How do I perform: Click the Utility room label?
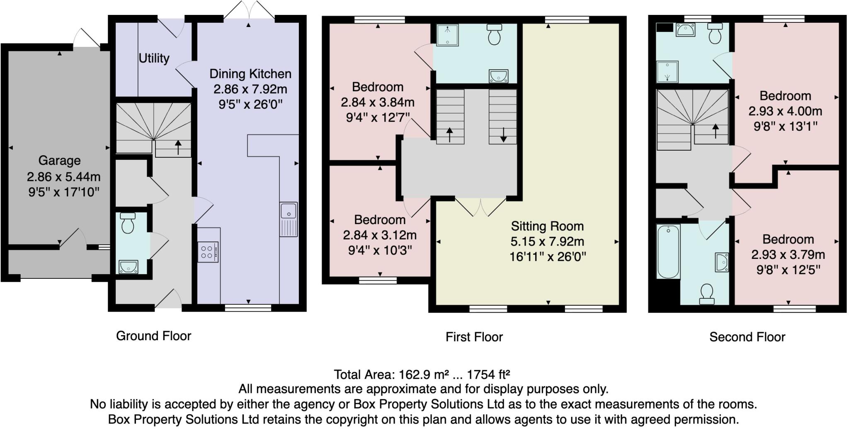[x=154, y=58]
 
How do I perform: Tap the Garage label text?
[x=59, y=161]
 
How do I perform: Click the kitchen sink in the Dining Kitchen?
[x=288, y=219]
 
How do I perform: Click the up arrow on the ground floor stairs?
[x=178, y=147]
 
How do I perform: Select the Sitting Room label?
[x=547, y=226]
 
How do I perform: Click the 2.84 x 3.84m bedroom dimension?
[x=377, y=102]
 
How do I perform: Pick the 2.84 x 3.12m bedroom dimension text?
[x=379, y=235]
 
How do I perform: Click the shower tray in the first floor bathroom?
[x=447, y=35]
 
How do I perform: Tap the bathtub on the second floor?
[x=668, y=251]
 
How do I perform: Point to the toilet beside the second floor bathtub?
[x=706, y=294]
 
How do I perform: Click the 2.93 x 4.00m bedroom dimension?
[x=785, y=111]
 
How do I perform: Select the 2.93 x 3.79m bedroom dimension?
[x=788, y=254]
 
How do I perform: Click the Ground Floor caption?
[x=153, y=336]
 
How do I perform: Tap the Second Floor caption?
[x=747, y=337]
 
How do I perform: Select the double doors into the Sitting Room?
[x=481, y=207]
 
